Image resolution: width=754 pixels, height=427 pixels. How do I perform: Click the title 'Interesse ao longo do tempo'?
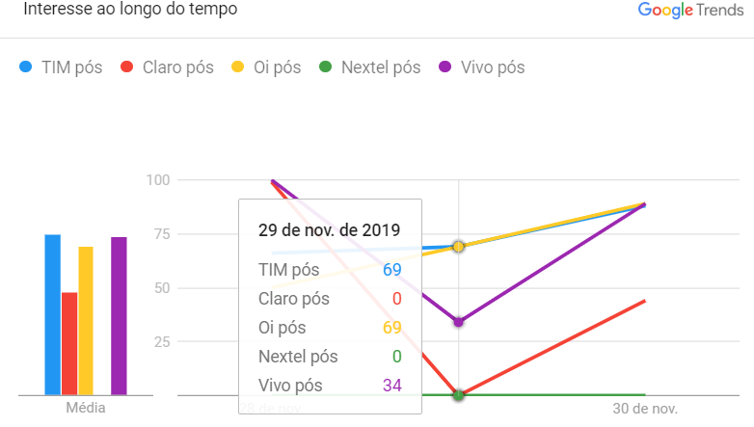point(130,10)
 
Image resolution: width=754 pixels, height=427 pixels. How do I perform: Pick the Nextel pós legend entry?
point(370,67)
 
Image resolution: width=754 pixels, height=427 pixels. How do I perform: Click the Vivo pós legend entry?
point(482,67)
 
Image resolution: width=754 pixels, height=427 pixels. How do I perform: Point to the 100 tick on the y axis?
point(158,180)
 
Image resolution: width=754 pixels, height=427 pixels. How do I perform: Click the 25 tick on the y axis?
point(162,342)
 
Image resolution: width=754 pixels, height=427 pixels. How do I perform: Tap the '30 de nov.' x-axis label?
point(645,409)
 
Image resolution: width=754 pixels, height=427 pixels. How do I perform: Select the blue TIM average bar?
point(52,314)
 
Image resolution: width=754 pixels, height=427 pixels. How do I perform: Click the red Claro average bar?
point(69,343)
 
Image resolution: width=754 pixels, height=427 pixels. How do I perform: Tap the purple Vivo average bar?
point(119,315)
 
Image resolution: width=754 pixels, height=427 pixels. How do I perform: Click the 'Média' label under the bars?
point(85,409)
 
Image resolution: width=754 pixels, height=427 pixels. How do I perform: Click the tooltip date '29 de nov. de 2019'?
point(329,229)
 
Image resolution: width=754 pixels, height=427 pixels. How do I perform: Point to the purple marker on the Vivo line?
point(458,322)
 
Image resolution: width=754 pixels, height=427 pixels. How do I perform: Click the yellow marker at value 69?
point(458,247)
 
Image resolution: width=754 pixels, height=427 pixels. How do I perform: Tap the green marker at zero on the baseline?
point(458,395)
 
